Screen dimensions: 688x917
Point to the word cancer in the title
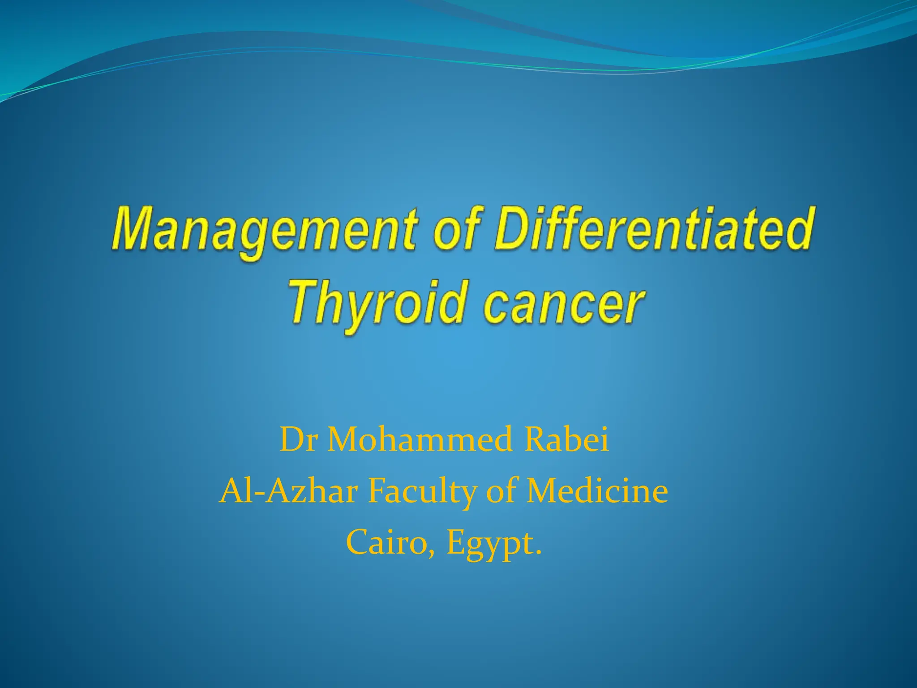click(x=565, y=305)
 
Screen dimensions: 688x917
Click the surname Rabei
click(x=567, y=440)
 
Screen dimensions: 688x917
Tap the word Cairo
click(x=390, y=542)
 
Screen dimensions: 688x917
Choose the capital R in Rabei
click(x=536, y=440)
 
